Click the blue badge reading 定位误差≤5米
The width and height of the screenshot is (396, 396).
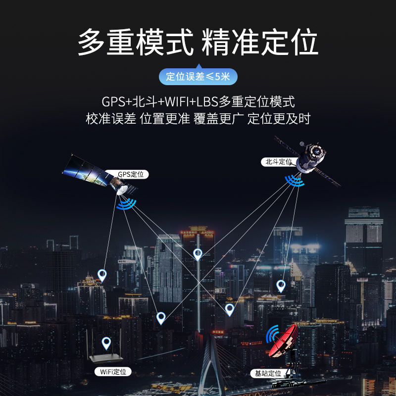point(198,77)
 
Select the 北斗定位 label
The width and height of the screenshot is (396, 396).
point(278,161)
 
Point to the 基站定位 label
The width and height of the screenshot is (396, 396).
point(268,373)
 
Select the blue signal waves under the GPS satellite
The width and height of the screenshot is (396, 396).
point(126,203)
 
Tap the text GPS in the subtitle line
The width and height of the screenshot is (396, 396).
point(113,102)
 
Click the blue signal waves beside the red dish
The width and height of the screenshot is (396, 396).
point(271,335)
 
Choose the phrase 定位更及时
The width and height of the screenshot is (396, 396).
point(279,119)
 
